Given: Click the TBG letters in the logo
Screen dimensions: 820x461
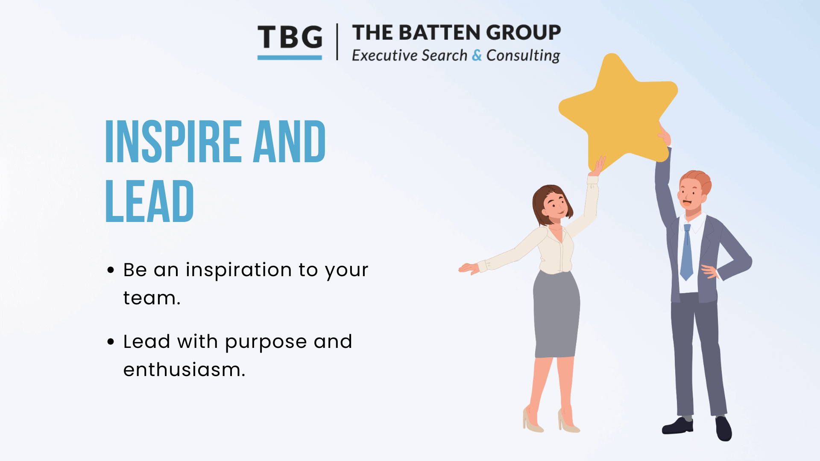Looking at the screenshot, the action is click(x=290, y=37).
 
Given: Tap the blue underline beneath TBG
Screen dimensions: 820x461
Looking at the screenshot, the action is click(x=290, y=57).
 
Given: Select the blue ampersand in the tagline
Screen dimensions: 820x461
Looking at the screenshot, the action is click(x=477, y=55).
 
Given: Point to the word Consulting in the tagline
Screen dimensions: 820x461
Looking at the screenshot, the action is click(x=523, y=55).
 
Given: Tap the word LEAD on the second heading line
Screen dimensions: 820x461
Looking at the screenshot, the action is click(x=149, y=201).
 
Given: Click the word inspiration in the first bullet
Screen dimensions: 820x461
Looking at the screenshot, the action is click(x=239, y=271).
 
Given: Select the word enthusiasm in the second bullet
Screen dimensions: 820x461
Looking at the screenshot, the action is click(x=184, y=370).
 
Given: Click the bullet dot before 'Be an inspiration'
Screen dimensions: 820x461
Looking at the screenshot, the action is click(x=111, y=270).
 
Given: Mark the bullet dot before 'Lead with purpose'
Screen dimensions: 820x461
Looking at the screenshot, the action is click(x=111, y=341).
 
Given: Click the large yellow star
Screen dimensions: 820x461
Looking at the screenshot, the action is click(x=618, y=111).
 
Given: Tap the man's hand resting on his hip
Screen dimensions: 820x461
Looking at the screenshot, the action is click(x=710, y=271).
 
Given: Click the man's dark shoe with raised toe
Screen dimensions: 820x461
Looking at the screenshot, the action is click(x=723, y=428).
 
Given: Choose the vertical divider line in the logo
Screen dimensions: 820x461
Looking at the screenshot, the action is click(x=337, y=41).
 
